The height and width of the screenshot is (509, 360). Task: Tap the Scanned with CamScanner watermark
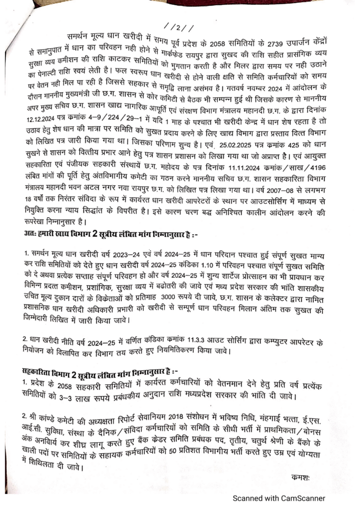279,498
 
